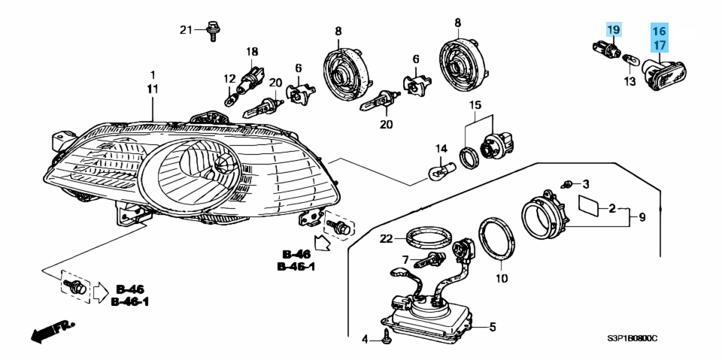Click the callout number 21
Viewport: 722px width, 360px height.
(x=186, y=30)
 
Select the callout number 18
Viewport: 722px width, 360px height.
(x=252, y=52)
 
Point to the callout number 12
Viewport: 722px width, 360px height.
(x=229, y=78)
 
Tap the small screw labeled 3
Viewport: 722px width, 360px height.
(x=569, y=183)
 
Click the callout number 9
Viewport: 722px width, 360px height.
(x=642, y=217)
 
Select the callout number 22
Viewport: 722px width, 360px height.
(x=386, y=239)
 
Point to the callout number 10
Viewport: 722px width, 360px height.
(x=502, y=278)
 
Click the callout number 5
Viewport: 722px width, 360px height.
(x=493, y=327)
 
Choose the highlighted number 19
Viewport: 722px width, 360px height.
(x=614, y=30)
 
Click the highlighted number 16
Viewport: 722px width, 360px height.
(x=659, y=32)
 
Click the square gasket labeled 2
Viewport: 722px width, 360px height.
(x=589, y=205)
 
